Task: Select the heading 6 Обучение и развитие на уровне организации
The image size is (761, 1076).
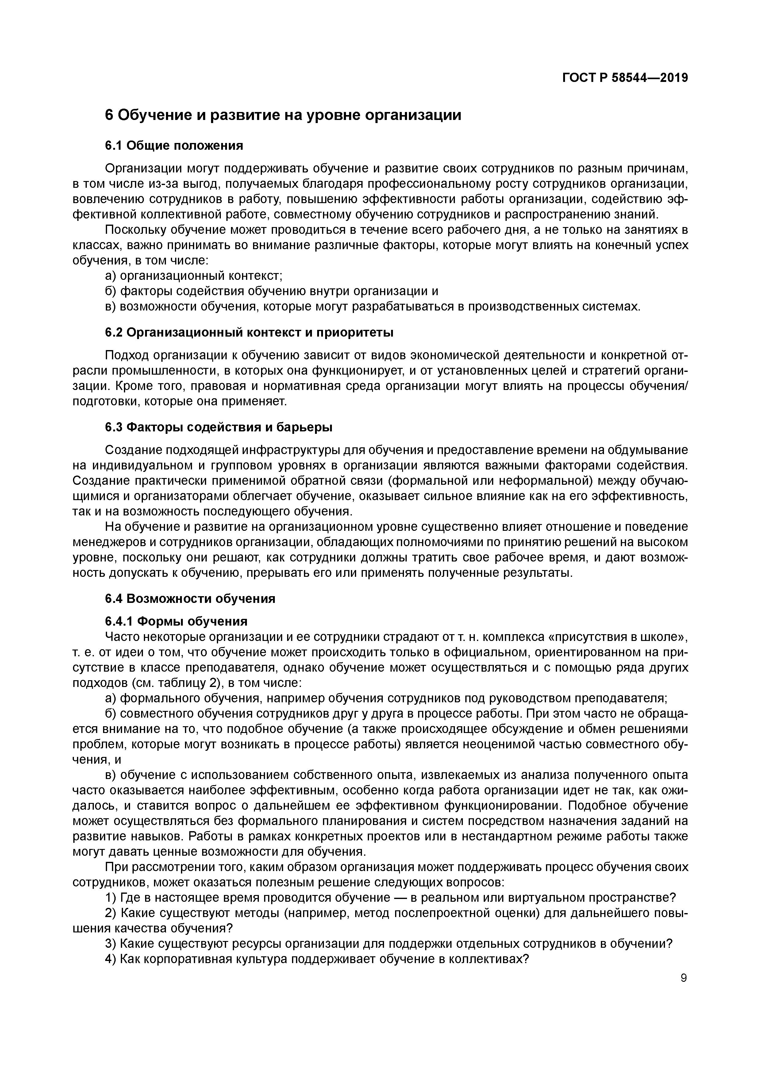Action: point(283,115)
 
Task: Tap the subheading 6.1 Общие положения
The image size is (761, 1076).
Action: point(174,146)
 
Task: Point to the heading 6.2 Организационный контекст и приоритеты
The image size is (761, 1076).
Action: point(249,332)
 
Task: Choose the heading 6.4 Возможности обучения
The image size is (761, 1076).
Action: point(190,599)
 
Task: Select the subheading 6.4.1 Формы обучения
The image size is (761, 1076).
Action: point(176,621)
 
